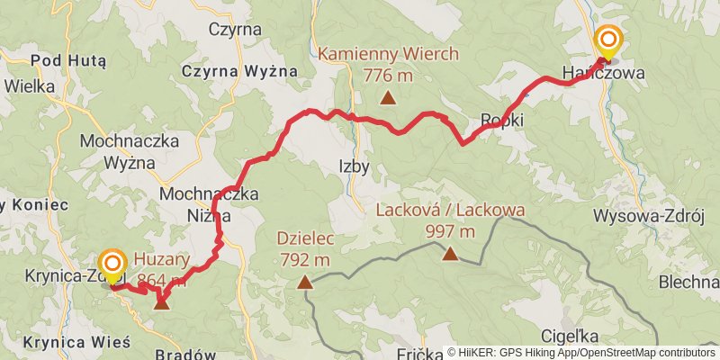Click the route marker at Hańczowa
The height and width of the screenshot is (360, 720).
tap(609, 40)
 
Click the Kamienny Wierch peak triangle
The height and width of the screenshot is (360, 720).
tap(388, 99)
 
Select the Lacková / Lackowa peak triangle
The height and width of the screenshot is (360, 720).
tap(450, 255)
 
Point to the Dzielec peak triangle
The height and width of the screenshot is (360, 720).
tap(306, 283)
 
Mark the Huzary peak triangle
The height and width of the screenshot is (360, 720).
tap(161, 302)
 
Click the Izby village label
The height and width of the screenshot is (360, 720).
tap(354, 166)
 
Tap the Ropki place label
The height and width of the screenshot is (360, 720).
tap(502, 119)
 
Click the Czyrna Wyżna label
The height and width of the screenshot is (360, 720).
tap(236, 71)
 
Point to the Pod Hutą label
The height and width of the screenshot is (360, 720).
tap(68, 61)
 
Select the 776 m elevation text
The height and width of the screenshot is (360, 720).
tap(388, 76)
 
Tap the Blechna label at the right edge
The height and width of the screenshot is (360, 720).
tap(688, 282)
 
